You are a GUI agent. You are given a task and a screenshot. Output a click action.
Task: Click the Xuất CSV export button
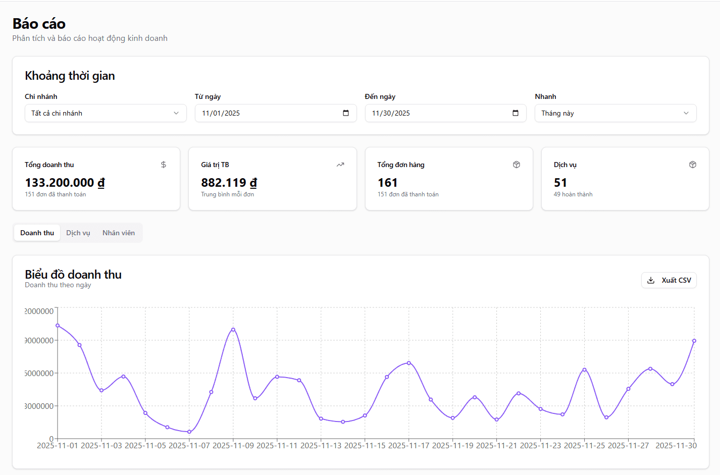click(x=668, y=280)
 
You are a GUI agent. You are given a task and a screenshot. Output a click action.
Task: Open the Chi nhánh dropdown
click(x=106, y=113)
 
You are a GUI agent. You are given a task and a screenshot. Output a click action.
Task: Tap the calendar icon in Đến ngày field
click(x=516, y=113)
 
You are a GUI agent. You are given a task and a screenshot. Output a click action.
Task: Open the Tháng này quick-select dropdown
click(x=615, y=113)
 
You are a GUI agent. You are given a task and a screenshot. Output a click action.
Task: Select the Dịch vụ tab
click(x=78, y=233)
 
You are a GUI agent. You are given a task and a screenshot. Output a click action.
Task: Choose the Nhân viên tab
click(x=119, y=233)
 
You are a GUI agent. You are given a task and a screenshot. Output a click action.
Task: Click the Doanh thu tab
click(x=37, y=233)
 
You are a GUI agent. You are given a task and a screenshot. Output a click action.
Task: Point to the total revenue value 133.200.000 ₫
click(x=65, y=183)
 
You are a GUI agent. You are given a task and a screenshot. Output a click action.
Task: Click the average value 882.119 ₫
click(x=229, y=183)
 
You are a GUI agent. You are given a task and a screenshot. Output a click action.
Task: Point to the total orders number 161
click(x=388, y=183)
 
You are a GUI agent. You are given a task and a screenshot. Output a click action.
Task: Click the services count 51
click(x=560, y=183)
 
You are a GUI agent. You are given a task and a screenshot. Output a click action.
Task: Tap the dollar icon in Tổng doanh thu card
click(x=164, y=165)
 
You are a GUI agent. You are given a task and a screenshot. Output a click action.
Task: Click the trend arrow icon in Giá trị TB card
click(x=340, y=165)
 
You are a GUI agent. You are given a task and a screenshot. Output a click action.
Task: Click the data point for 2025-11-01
click(x=58, y=326)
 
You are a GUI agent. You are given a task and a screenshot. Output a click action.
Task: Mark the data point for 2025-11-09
click(x=233, y=330)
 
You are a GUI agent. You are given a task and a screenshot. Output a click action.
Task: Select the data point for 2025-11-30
click(x=694, y=341)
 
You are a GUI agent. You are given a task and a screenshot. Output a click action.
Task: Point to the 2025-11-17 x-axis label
click(x=409, y=445)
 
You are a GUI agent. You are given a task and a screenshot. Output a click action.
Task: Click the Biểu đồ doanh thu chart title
click(x=73, y=275)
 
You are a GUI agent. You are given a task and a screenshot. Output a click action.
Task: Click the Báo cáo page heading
click(x=39, y=24)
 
